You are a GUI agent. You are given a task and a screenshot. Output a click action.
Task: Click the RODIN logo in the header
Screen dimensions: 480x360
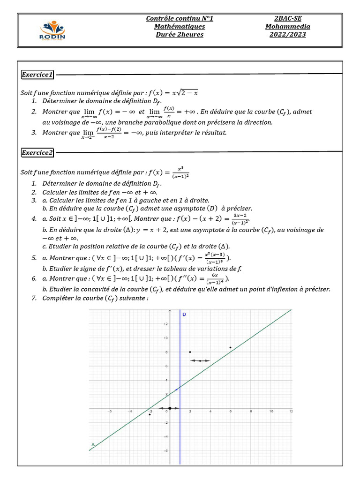[x=52, y=30]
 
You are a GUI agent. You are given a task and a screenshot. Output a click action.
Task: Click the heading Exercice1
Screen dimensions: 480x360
[x=38, y=75]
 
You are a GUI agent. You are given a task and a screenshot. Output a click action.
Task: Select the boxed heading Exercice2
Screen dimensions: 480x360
[x=38, y=152]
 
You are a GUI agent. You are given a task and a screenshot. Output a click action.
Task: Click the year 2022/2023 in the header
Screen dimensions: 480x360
[x=287, y=35]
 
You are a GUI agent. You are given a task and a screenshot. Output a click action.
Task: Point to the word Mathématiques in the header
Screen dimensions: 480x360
[x=180, y=27]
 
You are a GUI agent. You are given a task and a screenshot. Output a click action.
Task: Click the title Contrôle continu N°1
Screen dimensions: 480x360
[x=180, y=18]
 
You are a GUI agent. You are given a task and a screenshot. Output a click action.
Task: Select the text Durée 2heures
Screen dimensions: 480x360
[x=180, y=35]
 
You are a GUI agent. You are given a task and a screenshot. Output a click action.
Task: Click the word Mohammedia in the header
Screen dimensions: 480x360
[x=287, y=27]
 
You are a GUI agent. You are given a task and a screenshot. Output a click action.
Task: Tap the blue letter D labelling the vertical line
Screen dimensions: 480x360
[x=184, y=314]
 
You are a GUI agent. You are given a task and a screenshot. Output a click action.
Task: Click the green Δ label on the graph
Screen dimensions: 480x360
[x=93, y=444]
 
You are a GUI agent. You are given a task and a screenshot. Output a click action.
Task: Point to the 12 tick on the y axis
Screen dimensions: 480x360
[x=165, y=324]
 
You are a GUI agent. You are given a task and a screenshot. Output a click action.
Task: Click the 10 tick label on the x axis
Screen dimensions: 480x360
[x=271, y=412]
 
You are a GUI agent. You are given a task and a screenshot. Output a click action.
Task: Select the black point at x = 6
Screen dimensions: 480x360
[x=231, y=347]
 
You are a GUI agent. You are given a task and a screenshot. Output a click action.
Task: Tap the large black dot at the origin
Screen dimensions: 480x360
[x=170, y=408]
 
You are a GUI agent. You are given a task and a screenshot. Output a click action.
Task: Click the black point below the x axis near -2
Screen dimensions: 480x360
[x=150, y=414]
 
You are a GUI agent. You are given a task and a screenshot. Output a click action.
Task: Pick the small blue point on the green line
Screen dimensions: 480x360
[x=176, y=390]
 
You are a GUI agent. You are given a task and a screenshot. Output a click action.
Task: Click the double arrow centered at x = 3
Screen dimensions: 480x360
[x=200, y=360]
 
